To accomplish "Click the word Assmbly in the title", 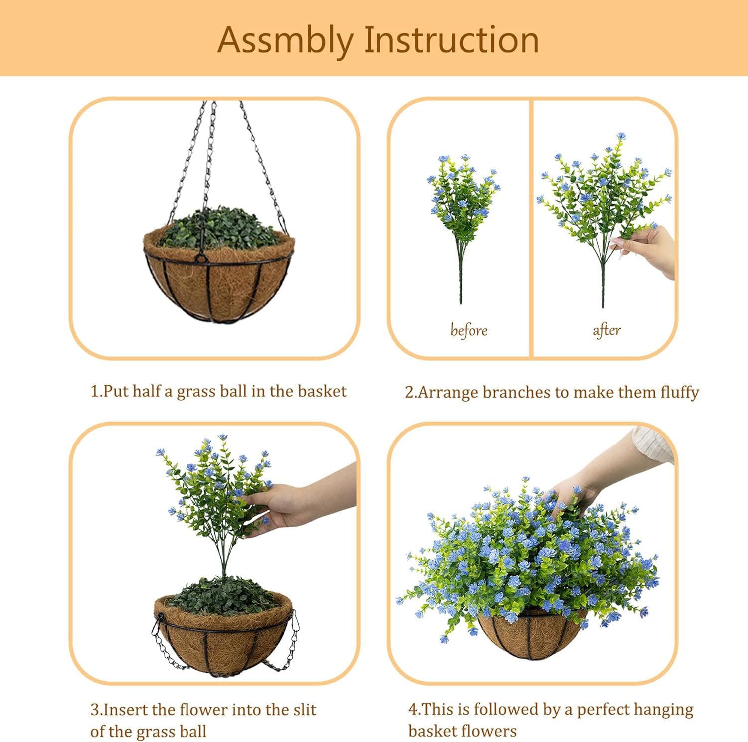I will [286, 40].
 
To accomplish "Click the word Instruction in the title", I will [451, 40].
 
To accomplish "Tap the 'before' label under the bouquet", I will [468, 330].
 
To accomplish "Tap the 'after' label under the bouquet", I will [606, 330].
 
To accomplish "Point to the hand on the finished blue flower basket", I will [573, 493].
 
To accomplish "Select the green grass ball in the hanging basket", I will [219, 229].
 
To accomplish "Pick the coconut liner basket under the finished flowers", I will [531, 638].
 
